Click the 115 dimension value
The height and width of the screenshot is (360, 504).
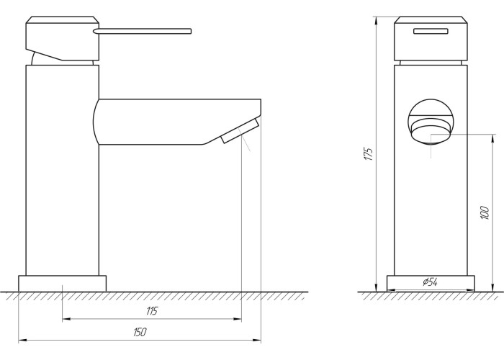coord(152,311)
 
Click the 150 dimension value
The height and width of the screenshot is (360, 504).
coord(140,332)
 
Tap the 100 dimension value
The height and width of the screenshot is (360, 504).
coord(485,213)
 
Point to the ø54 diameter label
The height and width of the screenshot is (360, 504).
coord(430,282)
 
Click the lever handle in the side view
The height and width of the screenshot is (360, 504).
coord(143,31)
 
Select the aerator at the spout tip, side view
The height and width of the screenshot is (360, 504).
coord(240,131)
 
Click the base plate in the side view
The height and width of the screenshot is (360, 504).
coord(63,283)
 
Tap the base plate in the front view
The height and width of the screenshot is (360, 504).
coord(431,283)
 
